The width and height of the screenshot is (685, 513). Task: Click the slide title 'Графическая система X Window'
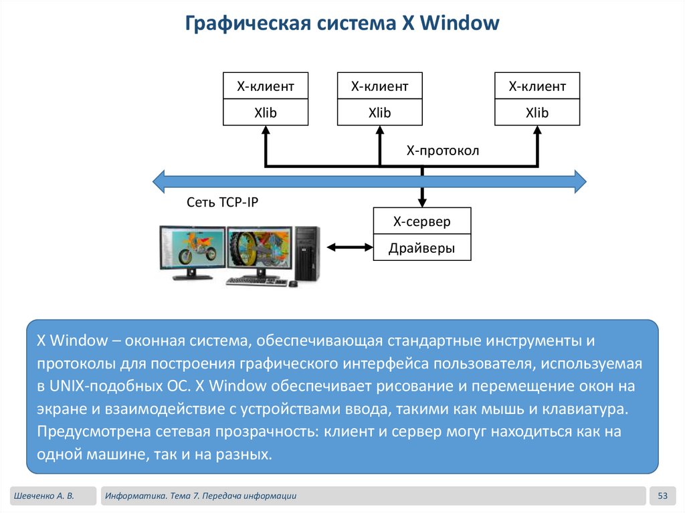pos(342,24)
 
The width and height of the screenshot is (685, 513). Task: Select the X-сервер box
pos(421,221)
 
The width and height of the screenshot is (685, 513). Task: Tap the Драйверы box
pos(421,248)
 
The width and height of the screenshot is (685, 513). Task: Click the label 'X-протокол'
pos(443,151)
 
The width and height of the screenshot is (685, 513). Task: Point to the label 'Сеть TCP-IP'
pos(221,202)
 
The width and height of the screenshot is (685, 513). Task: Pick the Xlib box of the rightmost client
pos(537,113)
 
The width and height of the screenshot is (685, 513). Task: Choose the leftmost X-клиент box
pos(266,86)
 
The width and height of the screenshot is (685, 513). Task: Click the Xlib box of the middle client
pos(380,113)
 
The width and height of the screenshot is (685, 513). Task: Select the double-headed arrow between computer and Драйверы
pos(350,248)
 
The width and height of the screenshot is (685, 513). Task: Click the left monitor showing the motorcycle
pos(192,248)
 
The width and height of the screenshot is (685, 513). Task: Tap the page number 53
pos(663,496)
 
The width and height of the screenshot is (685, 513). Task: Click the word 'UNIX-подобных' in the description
pos(88,387)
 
